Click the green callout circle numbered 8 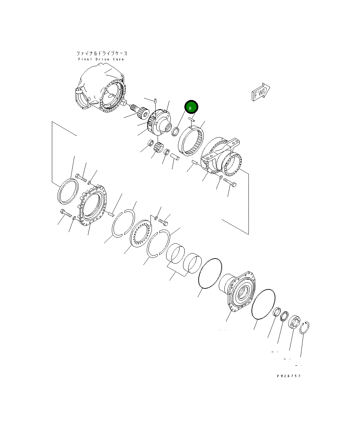(191, 107)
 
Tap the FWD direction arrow (261, 92)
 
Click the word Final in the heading (85, 59)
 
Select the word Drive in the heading (102, 59)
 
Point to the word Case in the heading (118, 59)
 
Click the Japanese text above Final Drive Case (102, 54)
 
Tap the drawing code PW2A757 (289, 376)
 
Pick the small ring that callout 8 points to (175, 131)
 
